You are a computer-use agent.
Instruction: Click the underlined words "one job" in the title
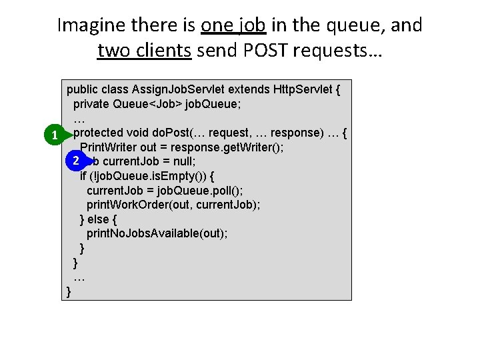(x=233, y=25)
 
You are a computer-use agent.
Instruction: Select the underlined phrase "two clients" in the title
(x=145, y=50)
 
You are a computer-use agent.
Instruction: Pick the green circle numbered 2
(x=77, y=161)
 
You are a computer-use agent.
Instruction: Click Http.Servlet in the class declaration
(x=303, y=89)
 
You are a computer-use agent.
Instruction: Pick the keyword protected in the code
(x=102, y=133)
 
